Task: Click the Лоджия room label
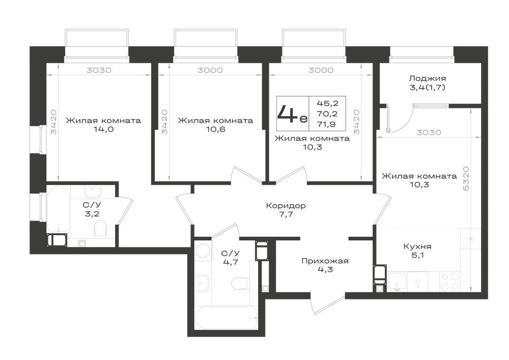(x=427, y=78)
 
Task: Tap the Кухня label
(x=417, y=246)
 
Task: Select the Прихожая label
(x=325, y=261)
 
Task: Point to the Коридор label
(x=286, y=206)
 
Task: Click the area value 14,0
(x=103, y=129)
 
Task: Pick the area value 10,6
(x=215, y=129)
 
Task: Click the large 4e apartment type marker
(x=292, y=114)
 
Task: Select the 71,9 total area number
(x=327, y=124)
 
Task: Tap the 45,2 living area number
(x=327, y=103)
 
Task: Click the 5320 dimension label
(x=466, y=179)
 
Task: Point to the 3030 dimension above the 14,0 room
(x=99, y=70)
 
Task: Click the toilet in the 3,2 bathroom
(x=100, y=229)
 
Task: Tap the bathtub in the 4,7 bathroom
(x=227, y=317)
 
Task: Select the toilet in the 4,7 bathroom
(x=240, y=284)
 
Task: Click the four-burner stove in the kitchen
(x=450, y=282)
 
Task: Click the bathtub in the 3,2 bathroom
(x=59, y=209)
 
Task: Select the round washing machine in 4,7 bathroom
(x=204, y=251)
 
